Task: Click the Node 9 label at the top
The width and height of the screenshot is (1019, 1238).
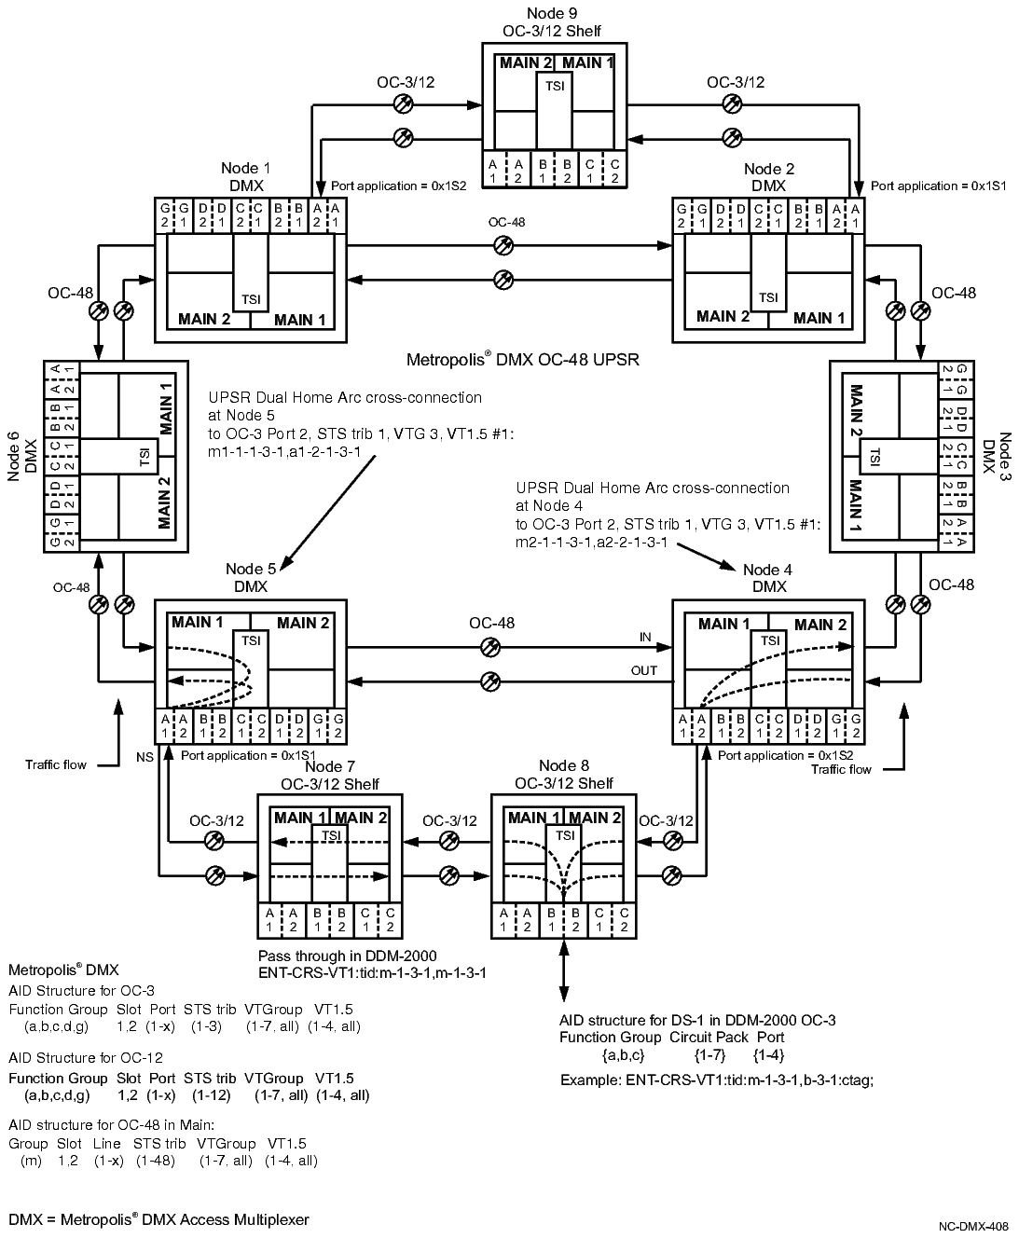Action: coord(545,13)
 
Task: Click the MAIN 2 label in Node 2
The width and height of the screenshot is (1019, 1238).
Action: coord(723,317)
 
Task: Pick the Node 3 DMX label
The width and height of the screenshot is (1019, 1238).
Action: coord(997,454)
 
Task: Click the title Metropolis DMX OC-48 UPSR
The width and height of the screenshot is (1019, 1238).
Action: coord(523,359)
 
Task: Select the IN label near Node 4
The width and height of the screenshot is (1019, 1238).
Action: coord(645,637)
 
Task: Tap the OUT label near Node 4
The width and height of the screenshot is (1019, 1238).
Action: coord(643,670)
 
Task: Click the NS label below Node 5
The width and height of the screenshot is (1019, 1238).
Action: coord(145,755)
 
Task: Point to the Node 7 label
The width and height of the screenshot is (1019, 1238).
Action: coord(329,767)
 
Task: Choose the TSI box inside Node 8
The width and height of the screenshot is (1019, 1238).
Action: coord(564,835)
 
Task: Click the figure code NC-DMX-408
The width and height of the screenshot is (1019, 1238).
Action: coord(972,1228)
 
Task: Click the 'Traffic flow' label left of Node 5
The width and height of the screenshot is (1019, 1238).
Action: coord(55,764)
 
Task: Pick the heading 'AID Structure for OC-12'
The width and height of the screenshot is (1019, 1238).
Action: coord(86,1057)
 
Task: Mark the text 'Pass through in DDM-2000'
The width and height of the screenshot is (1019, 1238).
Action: coord(347,956)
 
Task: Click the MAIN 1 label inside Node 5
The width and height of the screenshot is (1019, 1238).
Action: coord(198,623)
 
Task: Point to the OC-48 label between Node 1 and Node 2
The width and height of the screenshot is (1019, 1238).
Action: coord(506,223)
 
